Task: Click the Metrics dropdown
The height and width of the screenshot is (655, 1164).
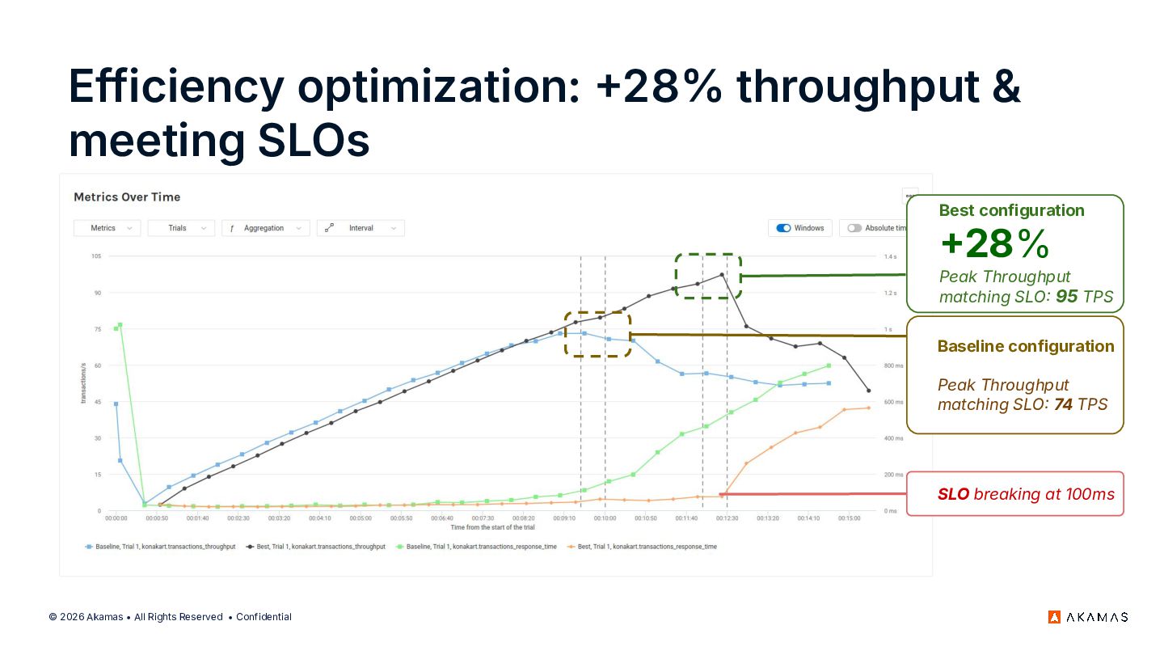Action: pos(107,228)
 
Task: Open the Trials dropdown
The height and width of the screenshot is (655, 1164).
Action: pos(181,228)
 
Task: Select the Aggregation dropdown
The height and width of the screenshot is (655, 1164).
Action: pos(266,228)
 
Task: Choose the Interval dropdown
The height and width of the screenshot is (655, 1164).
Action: pos(361,228)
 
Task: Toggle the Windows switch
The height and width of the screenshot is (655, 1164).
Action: pos(783,228)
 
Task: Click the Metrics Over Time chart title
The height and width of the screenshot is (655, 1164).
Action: pos(127,197)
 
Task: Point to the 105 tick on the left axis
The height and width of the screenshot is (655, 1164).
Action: pos(95,256)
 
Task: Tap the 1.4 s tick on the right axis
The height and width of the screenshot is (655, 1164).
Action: pos(891,256)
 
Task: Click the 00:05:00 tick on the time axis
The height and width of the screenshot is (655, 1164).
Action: pos(361,518)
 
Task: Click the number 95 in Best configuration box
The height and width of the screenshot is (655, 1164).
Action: pos(1067,297)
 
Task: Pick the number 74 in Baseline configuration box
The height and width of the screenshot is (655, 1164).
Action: pos(1063,404)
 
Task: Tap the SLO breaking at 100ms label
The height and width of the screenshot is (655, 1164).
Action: pos(1026,494)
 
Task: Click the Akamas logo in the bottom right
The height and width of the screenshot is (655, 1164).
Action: pos(1088,617)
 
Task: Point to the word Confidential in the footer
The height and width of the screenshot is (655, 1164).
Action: pos(264,617)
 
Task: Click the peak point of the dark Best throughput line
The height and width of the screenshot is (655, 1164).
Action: pos(722,275)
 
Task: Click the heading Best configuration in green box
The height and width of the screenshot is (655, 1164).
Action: pos(1011,210)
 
